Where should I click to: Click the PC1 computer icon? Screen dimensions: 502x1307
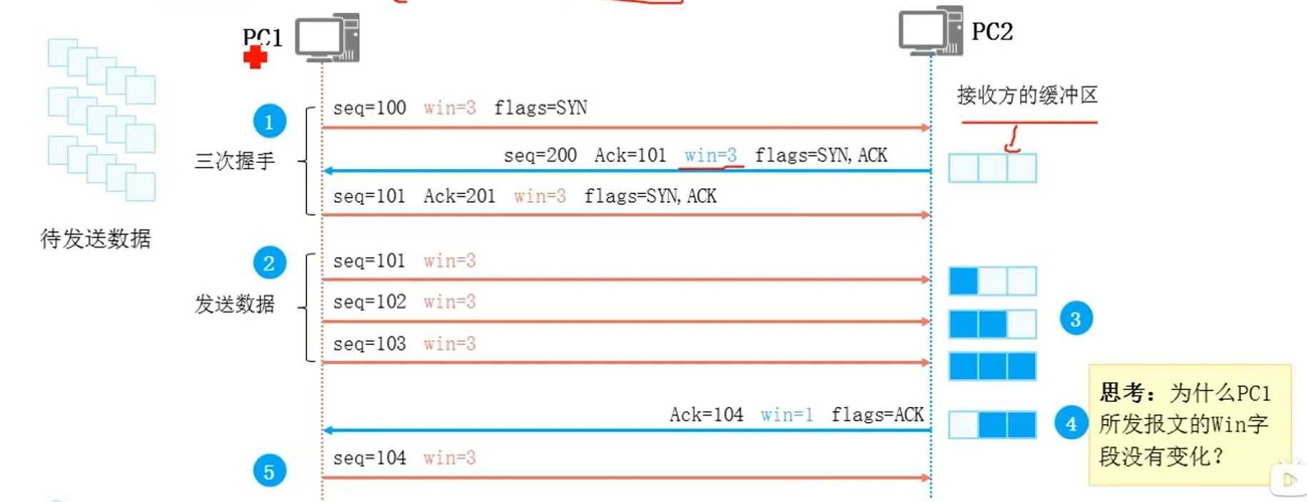pos(327,37)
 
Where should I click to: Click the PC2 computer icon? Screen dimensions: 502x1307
pos(930,31)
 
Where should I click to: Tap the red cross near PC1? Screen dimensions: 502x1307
pos(255,57)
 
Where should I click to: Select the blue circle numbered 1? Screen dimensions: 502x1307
pos(269,121)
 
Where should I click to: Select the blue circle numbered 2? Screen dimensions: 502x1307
pos(269,263)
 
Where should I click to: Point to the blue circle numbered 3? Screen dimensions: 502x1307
pos(1075,318)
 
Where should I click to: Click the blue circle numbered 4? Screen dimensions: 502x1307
pos(1071,423)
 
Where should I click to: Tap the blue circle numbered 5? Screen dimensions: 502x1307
pos(269,471)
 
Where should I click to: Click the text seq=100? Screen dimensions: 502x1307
pos(369,108)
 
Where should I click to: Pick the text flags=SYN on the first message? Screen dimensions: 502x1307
pos(540,108)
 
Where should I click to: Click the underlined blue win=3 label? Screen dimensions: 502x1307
pos(710,155)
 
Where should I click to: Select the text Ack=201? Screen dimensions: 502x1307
pos(459,196)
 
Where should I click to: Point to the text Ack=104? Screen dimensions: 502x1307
pos(706,414)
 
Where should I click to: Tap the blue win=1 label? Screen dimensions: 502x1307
pos(787,414)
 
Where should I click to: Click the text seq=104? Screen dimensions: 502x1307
pos(369,458)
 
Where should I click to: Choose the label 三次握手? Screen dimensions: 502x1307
pos(235,161)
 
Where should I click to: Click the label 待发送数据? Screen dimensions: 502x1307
pos(96,239)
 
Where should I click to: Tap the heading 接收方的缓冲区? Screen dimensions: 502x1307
pos(1026,95)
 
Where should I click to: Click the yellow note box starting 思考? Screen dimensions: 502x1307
pos(1189,424)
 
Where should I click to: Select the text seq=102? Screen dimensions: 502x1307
pos(369,302)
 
